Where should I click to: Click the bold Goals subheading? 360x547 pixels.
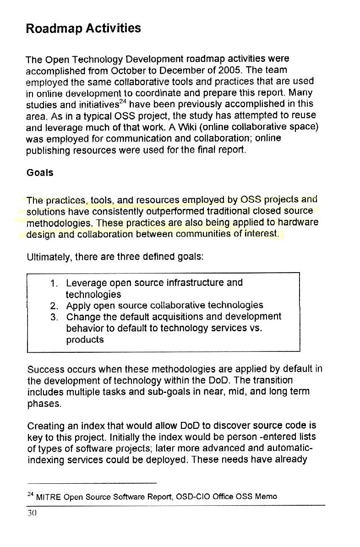[40, 173]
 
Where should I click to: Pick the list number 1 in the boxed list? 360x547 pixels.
[53, 283]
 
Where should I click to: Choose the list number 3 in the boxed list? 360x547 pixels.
[53, 317]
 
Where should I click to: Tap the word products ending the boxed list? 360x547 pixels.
[85, 340]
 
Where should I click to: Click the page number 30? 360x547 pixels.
[32, 514]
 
